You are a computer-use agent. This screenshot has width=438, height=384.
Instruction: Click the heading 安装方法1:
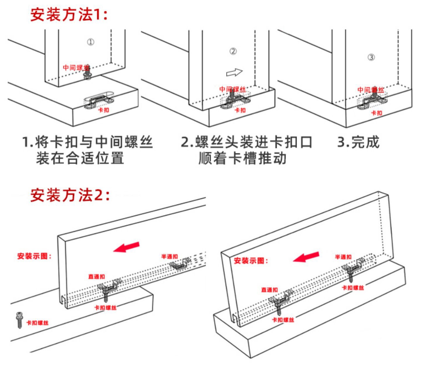click(x=69, y=15)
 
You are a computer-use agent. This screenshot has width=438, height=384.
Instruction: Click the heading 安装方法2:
click(x=70, y=195)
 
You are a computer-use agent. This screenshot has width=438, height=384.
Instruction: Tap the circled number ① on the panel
click(x=91, y=42)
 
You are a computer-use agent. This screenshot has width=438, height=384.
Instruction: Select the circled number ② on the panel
click(x=233, y=51)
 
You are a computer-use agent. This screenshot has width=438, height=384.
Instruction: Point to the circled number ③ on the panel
click(x=371, y=57)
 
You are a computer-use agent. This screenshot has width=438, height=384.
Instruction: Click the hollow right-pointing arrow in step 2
click(x=234, y=72)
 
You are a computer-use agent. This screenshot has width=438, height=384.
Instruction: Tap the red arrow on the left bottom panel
click(x=126, y=247)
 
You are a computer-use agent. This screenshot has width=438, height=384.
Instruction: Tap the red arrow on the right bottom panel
click(x=306, y=257)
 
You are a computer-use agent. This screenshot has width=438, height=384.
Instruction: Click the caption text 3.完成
click(x=358, y=142)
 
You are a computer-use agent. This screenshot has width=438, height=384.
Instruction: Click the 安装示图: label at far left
click(x=34, y=256)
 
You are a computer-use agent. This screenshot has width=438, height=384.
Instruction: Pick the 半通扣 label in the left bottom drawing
click(x=169, y=256)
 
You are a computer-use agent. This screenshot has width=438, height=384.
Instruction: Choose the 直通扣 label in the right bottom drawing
click(x=269, y=290)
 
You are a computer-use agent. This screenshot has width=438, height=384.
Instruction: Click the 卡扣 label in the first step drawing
click(x=103, y=110)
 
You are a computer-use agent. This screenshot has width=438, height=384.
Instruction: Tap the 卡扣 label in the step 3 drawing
click(x=376, y=113)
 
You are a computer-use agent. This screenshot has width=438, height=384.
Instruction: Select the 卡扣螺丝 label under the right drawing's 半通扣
click(x=353, y=288)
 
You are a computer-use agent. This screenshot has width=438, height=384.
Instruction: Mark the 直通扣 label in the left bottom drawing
click(x=97, y=276)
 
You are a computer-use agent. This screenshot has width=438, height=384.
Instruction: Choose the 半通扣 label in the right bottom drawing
click(x=343, y=257)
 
